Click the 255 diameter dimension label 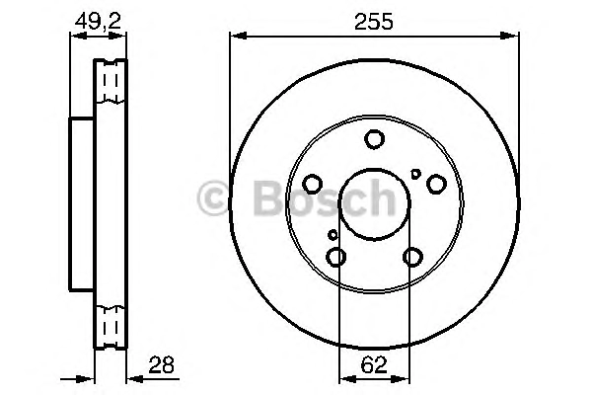coord(374,21)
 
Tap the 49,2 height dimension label coord(98,21)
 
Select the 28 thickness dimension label coord(161,364)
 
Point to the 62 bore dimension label coord(374,364)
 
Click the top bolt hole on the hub coord(374,139)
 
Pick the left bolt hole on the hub coord(312,184)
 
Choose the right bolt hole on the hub coord(436,184)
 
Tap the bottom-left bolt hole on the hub coord(335,257)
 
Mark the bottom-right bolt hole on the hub coord(412,257)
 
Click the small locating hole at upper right coord(415,174)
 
